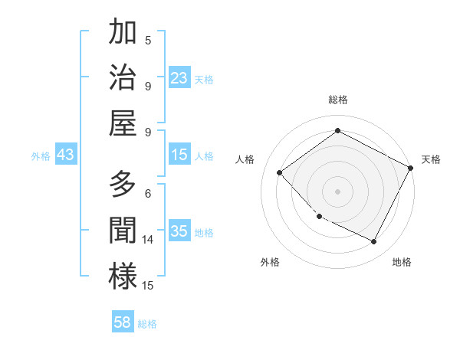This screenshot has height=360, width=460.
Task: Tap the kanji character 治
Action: coord(123,77)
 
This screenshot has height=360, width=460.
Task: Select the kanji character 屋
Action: coord(123,123)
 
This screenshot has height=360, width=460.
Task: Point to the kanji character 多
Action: coord(123,185)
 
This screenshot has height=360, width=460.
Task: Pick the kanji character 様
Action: coord(123,277)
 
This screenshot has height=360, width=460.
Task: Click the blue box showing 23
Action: coord(179,78)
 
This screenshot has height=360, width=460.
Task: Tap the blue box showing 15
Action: coord(179,155)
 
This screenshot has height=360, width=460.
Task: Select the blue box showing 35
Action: coord(179,231)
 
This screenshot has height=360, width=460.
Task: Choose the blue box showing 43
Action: coord(65,155)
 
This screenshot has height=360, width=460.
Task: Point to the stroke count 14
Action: coord(148,240)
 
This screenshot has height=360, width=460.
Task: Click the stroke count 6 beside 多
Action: coord(147,193)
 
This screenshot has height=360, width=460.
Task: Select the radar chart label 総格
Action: coord(337,100)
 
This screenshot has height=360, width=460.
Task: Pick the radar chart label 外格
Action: coord(270,263)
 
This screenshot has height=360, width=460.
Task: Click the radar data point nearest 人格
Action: coord(280,172)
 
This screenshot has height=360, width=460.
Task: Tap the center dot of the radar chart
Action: coord(337,191)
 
